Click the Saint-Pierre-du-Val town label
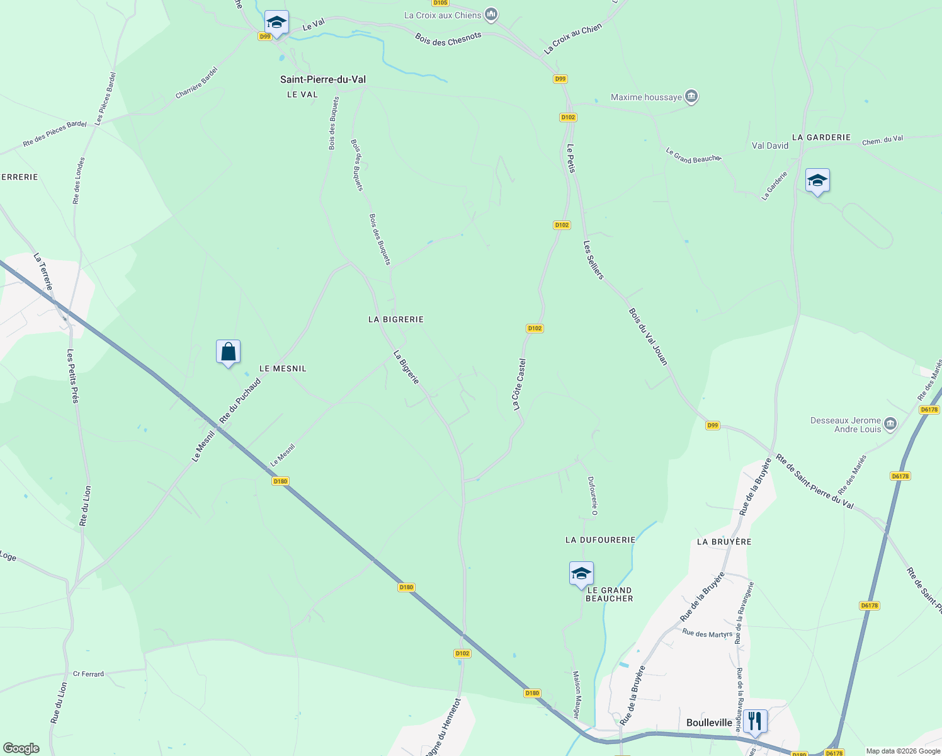coord(322,79)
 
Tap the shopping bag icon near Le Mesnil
coord(228,352)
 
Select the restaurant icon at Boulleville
coord(754,720)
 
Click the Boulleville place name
coord(709,723)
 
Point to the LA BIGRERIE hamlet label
coord(396,319)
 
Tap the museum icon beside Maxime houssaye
coord(691,96)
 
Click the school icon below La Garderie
coord(817,181)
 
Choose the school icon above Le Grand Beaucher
coord(581,573)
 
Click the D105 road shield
coord(440,3)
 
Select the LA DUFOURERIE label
coord(600,540)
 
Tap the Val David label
coord(770,146)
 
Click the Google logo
coord(21,748)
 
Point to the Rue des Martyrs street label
coord(707,633)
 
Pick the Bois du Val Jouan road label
coord(648,336)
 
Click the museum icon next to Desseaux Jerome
coord(890,423)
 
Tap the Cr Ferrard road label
coord(88,673)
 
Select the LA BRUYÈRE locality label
coord(724,542)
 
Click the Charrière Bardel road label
coord(196,83)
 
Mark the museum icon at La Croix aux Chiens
coord(492,14)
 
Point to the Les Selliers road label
coord(593,260)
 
